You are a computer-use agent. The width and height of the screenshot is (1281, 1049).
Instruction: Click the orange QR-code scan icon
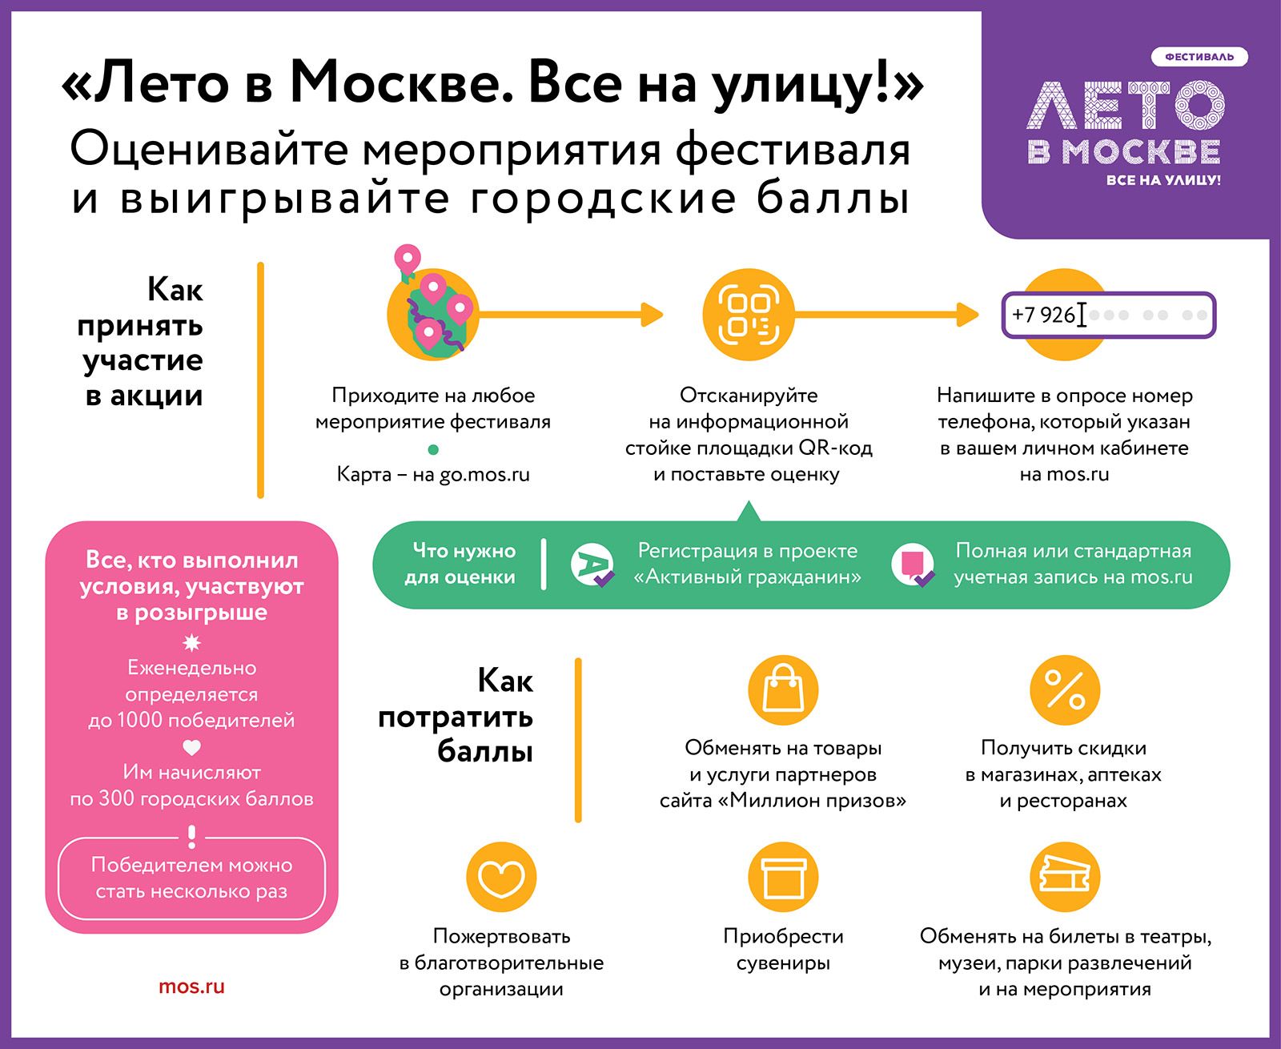point(749,315)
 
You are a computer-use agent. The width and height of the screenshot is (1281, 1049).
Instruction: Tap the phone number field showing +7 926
point(1109,315)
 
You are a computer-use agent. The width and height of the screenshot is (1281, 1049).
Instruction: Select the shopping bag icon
point(783,690)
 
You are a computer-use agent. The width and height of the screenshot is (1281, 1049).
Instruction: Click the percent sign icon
point(1065,690)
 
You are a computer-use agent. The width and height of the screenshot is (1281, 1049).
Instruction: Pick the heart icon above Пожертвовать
point(501,877)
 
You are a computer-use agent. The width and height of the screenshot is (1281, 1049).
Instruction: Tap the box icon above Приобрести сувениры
point(783,877)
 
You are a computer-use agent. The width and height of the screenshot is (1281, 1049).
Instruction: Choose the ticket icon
point(1065,877)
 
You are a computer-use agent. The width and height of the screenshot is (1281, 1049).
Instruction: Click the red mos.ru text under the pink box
point(191,987)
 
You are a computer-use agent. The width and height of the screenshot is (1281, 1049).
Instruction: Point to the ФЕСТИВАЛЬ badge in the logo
point(1199,57)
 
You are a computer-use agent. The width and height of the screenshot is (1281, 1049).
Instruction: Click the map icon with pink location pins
point(432,307)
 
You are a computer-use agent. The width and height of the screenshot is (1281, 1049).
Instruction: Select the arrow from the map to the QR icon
point(570,315)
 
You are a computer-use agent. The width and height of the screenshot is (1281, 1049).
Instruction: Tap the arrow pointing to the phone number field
point(886,315)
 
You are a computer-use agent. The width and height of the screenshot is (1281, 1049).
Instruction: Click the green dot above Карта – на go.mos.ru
point(433,449)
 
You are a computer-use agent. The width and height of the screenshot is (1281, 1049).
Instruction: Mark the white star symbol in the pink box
point(191,642)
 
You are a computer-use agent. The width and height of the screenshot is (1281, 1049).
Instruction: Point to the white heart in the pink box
point(191,747)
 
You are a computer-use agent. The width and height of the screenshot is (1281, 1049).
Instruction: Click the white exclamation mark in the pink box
point(192,837)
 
